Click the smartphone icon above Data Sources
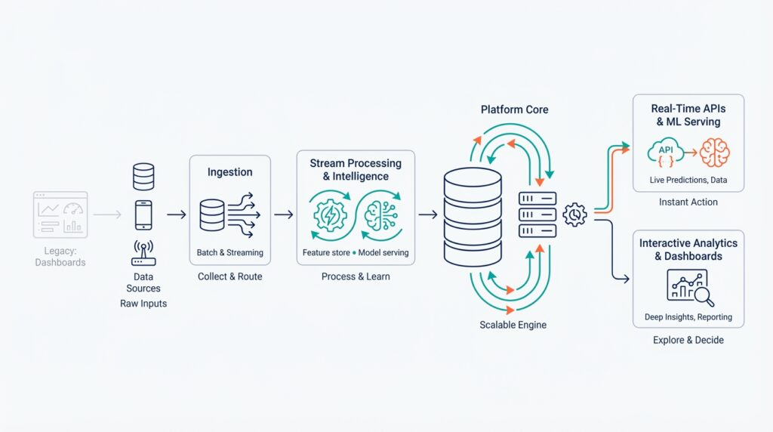point(143,215)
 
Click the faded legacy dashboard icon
point(60,214)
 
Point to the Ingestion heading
point(229,172)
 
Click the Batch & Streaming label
point(229,252)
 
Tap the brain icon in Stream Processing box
point(382,215)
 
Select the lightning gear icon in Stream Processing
point(329,215)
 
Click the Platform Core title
point(514,110)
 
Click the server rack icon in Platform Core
point(537,215)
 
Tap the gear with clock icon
point(575,214)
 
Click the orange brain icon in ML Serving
point(714,152)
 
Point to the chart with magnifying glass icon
point(688,287)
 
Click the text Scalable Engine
point(513,325)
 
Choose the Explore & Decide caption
point(688,340)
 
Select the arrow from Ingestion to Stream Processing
point(283,215)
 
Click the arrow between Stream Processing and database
point(428,215)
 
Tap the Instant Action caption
point(688,202)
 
